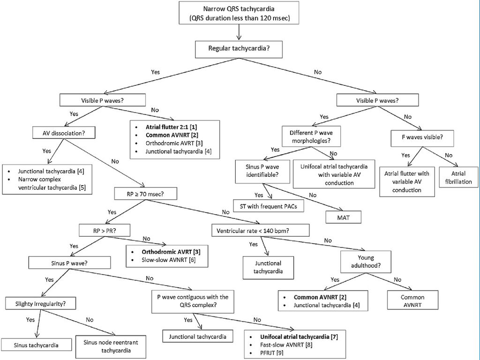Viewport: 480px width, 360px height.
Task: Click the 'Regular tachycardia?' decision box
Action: tap(239, 49)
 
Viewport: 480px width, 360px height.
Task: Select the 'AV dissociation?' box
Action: tap(64, 133)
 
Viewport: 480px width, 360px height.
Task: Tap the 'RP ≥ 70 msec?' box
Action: tap(145, 194)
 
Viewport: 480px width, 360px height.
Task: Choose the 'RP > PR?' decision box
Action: tap(105, 231)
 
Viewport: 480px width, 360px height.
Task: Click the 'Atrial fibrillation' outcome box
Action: tap(458, 177)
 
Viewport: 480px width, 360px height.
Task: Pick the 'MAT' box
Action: tap(343, 217)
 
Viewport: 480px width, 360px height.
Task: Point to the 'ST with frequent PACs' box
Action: tap(269, 206)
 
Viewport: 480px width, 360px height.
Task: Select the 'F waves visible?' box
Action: tap(422, 137)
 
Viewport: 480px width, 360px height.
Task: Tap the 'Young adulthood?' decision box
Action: tap(366, 262)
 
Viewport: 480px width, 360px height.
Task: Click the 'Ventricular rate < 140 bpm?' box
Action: tap(261, 231)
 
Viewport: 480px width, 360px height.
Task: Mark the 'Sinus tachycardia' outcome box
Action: tap(36, 345)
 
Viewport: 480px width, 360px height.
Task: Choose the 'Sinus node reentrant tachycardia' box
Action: tap(111, 346)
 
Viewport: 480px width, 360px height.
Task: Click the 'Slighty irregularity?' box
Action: tap(41, 304)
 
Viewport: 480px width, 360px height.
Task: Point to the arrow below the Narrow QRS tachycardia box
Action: tap(239, 32)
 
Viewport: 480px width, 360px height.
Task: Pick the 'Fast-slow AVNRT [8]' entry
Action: tap(286, 345)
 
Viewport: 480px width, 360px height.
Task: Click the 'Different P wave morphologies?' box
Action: tap(311, 136)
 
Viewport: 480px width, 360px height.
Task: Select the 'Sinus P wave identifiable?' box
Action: tap(262, 171)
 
